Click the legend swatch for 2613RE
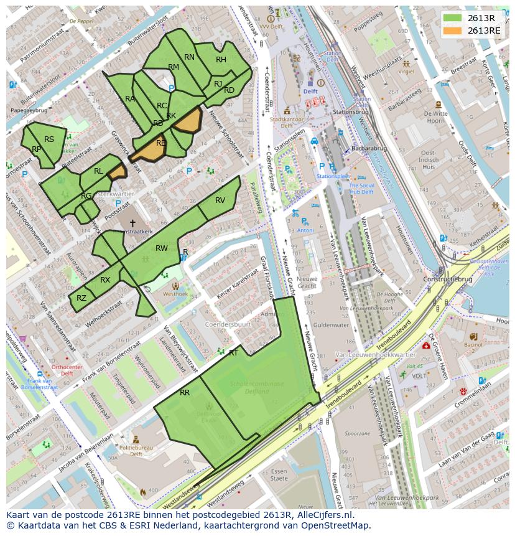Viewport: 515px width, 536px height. pyautogui.click(x=453, y=31)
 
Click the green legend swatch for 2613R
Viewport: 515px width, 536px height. pyautogui.click(x=453, y=18)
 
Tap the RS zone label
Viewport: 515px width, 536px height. pyautogui.click(x=49, y=139)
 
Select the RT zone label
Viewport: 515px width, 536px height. pyautogui.click(x=233, y=352)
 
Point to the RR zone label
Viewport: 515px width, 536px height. pyautogui.click(x=185, y=393)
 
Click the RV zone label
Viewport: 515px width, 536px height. pyautogui.click(x=220, y=200)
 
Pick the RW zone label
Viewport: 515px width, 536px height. pyautogui.click(x=162, y=248)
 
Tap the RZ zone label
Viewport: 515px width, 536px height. pyautogui.click(x=81, y=298)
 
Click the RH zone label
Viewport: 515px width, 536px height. pyautogui.click(x=221, y=60)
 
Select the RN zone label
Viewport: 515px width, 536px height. pyautogui.click(x=190, y=57)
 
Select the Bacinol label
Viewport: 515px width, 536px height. pyautogui.click(x=473, y=344)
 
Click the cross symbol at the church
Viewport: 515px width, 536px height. pyautogui.click(x=132, y=223)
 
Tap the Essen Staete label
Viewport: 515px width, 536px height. pyautogui.click(x=279, y=475)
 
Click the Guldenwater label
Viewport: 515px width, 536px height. pyautogui.click(x=331, y=325)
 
